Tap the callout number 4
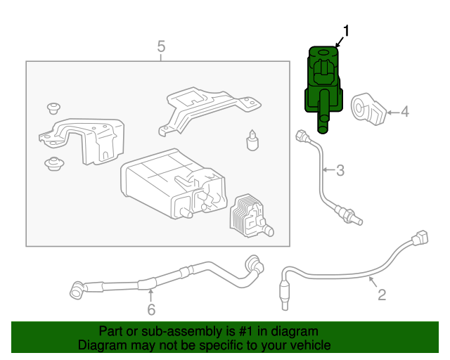point(404,111)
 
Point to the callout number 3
point(340,169)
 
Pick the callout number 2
point(382,295)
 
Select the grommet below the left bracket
point(51,165)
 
